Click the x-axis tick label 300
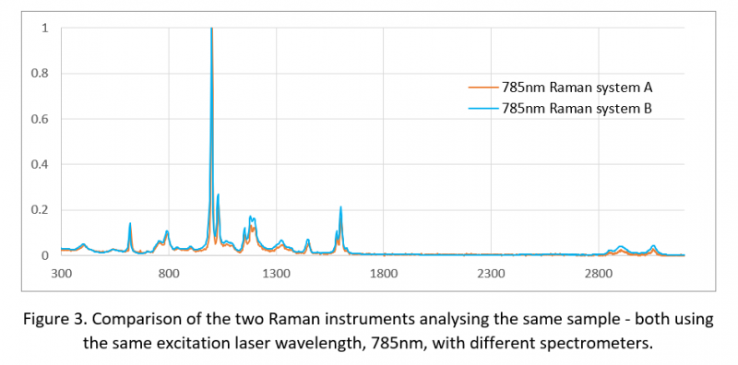pyautogui.click(x=62, y=274)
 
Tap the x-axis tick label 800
pyautogui.click(x=169, y=274)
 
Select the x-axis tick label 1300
pyautogui.click(x=276, y=274)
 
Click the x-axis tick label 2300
pyautogui.click(x=491, y=274)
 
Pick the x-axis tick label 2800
pyautogui.click(x=598, y=274)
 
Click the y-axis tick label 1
pyautogui.click(x=45, y=29)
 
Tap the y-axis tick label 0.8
pyautogui.click(x=41, y=74)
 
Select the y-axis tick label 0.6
pyautogui.click(x=41, y=119)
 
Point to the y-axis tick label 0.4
pyautogui.click(x=41, y=164)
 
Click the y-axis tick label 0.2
pyautogui.click(x=41, y=209)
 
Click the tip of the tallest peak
pyautogui.click(x=212, y=29)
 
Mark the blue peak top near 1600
pyautogui.click(x=340, y=207)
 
